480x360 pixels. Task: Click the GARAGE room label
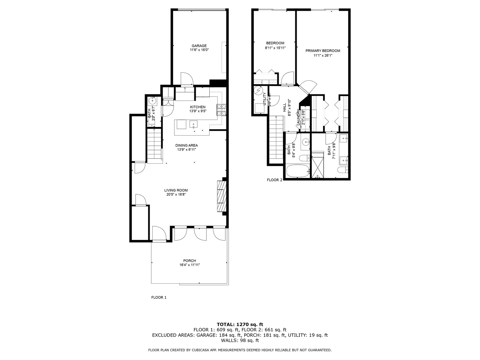199,46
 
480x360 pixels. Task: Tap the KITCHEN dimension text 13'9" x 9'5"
198,111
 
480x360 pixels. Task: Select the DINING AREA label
187,145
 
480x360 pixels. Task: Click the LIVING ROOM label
176,190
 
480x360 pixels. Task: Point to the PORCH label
189,261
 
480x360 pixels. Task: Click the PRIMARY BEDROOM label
323,51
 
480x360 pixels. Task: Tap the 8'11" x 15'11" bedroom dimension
275,48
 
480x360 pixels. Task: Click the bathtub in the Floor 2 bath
298,171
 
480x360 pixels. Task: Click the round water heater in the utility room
258,91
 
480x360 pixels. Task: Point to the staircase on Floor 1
154,145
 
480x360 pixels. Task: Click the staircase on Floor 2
276,137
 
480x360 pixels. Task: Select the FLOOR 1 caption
159,297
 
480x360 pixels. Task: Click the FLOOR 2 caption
274,180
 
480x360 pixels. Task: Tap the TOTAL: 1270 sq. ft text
240,324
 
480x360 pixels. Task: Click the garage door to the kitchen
187,79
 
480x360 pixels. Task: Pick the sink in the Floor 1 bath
153,100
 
